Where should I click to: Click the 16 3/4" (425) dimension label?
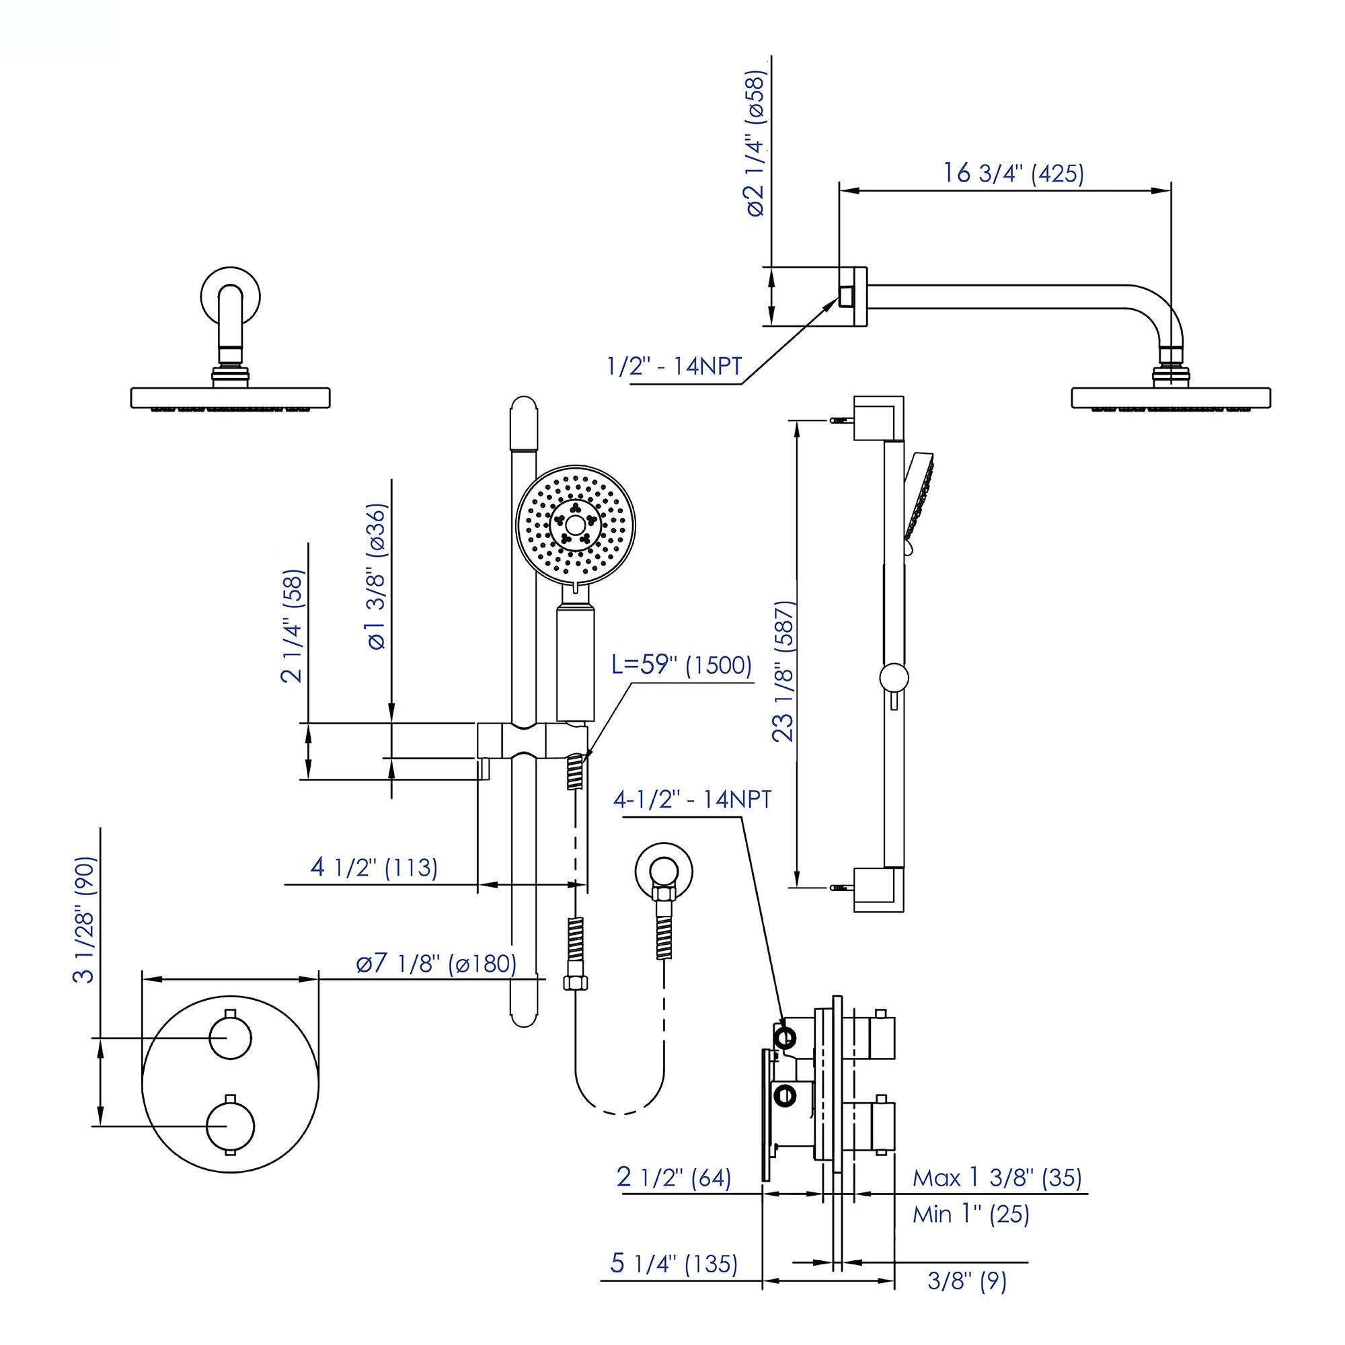tap(1013, 173)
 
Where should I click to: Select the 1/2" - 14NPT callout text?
tap(675, 367)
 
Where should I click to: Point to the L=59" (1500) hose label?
tap(681, 666)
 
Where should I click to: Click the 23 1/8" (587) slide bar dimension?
tap(785, 671)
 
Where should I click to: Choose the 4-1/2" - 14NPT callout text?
tap(692, 799)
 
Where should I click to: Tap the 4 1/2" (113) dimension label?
tap(374, 868)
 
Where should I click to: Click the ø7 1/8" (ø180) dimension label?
tap(436, 964)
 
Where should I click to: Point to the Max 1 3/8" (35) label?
tap(997, 1178)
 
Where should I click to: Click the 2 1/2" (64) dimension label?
tap(674, 1178)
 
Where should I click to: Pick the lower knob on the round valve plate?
tap(231, 1126)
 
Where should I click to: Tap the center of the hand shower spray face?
tap(574, 525)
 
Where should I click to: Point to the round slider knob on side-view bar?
tap(892, 677)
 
